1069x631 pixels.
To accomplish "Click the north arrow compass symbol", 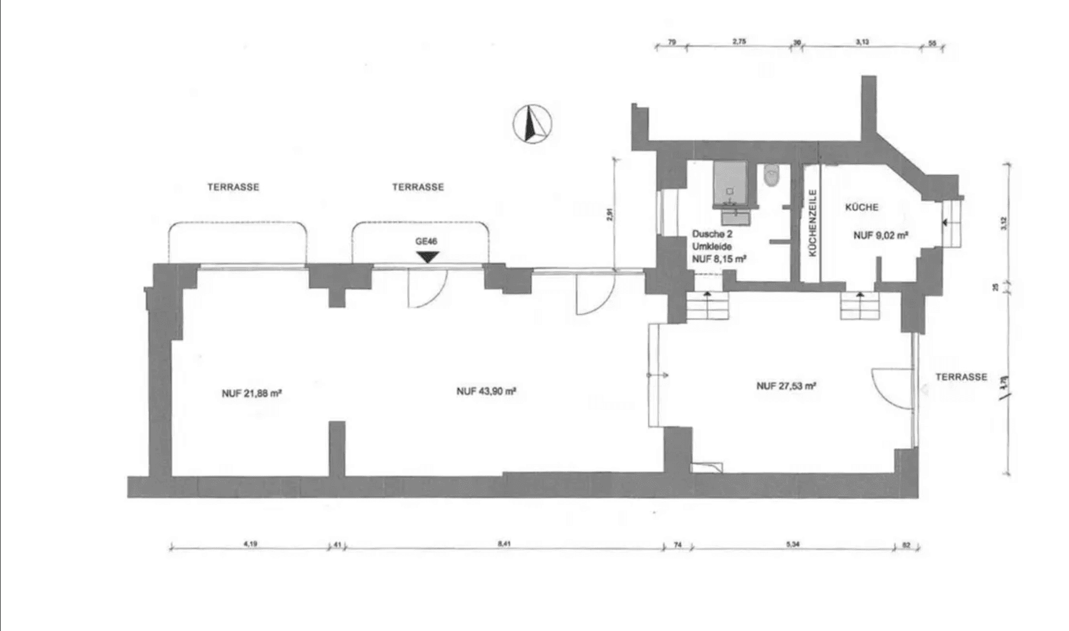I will click(x=532, y=124).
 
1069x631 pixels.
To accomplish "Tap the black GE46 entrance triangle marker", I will click(x=428, y=257).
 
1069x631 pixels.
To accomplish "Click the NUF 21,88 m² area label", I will click(x=251, y=393).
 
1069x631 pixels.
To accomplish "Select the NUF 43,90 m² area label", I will click(x=486, y=392).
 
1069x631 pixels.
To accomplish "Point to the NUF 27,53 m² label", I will click(x=786, y=386).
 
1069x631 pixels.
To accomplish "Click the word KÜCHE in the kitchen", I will click(x=861, y=207).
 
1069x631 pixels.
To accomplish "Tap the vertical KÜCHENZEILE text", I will click(x=812, y=223).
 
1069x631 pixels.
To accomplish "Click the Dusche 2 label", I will click(x=712, y=234).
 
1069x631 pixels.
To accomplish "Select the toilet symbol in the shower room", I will click(x=771, y=176).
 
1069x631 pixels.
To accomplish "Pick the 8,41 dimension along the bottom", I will click(x=504, y=543).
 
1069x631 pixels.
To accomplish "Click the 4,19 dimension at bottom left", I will click(x=251, y=543).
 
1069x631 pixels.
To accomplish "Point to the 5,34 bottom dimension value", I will click(x=792, y=543).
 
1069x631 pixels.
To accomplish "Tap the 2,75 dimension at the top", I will click(x=739, y=42).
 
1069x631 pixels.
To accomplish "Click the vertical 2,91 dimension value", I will click(x=609, y=214).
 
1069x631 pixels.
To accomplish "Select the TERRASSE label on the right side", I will click(x=961, y=377).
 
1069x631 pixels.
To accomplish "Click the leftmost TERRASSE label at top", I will click(x=233, y=187).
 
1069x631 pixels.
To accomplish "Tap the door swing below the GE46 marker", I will click(x=426, y=288).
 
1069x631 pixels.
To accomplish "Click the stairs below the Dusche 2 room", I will click(x=707, y=306).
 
